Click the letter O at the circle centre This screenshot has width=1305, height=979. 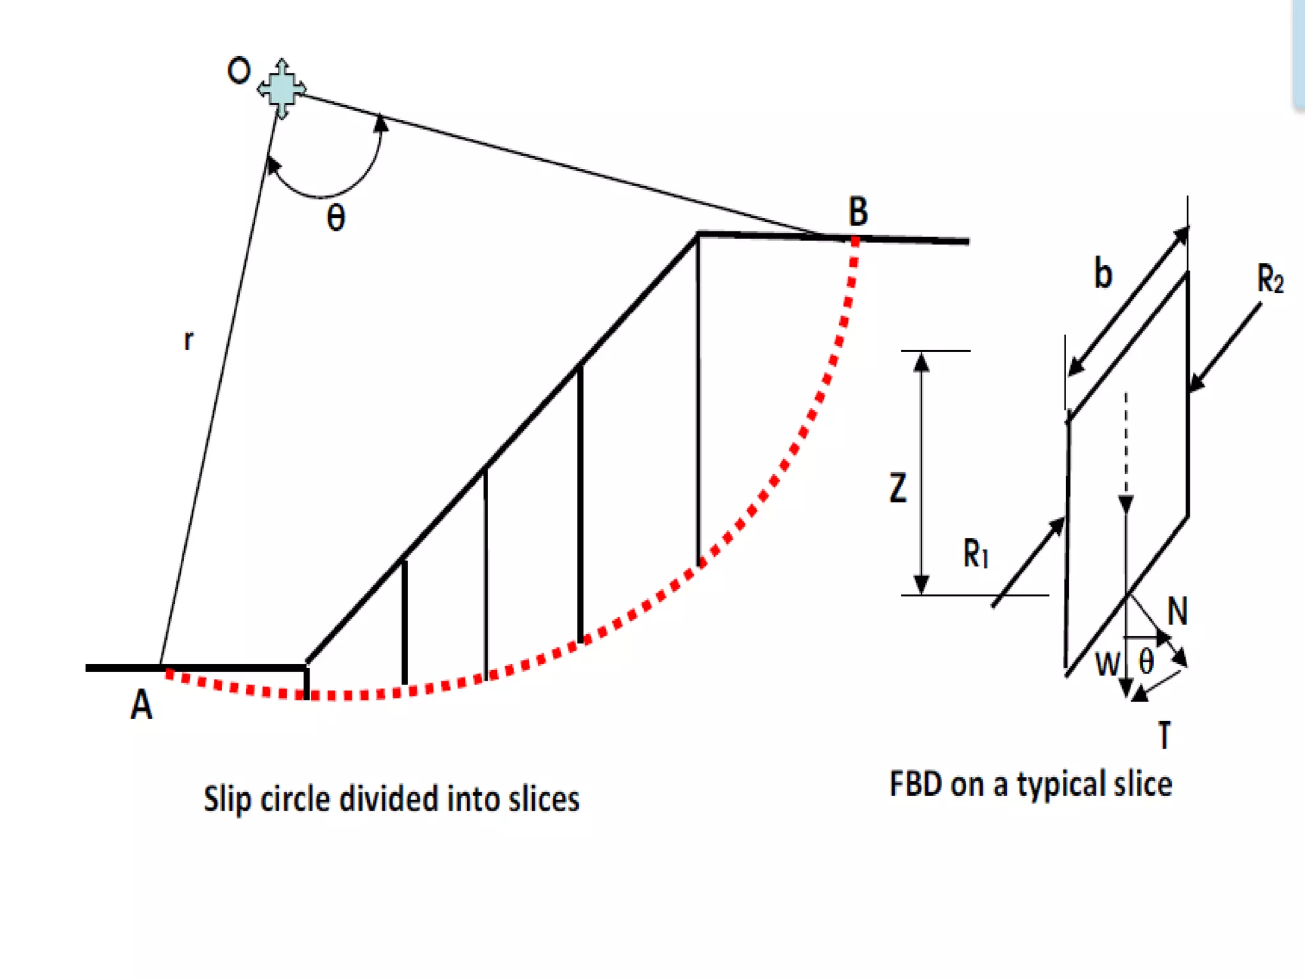[239, 71]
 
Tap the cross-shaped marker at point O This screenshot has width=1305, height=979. [281, 89]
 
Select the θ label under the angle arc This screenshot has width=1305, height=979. [336, 217]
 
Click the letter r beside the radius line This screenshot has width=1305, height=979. [188, 340]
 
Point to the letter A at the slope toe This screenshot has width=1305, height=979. [141, 705]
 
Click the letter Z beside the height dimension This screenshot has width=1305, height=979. [898, 488]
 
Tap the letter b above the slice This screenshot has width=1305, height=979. [1103, 273]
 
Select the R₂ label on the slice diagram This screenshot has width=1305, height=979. [1270, 279]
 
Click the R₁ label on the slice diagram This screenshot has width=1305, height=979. [976, 553]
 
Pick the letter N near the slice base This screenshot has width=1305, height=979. [1178, 611]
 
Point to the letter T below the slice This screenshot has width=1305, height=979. [1164, 735]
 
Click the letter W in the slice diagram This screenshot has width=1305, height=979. [1107, 664]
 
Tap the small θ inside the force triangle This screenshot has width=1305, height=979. [1146, 662]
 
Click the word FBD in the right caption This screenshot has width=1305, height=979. [916, 784]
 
